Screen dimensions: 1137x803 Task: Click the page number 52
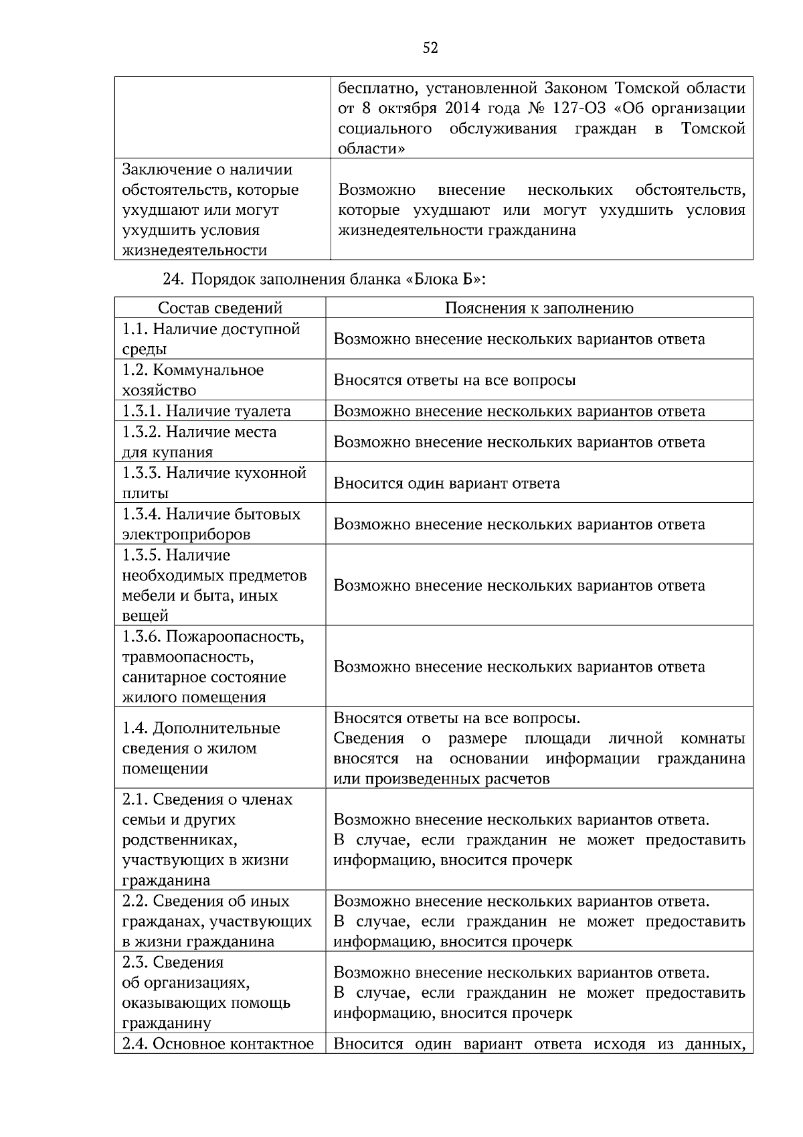coord(430,48)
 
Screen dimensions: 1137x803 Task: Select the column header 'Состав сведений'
coord(219,308)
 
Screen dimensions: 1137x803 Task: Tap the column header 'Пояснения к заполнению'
coord(539,308)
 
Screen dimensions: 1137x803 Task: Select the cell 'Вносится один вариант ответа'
coord(446,483)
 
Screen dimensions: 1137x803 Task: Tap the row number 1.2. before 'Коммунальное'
coord(135,370)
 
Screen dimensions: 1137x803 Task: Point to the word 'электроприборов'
coord(186,534)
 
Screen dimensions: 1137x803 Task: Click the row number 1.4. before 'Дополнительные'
coord(135,728)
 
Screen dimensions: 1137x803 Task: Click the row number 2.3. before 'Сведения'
coord(135,962)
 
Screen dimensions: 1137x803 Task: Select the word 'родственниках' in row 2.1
coord(179,840)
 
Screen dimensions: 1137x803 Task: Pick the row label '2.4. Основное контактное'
coord(217,1044)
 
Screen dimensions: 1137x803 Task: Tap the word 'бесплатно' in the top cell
coord(372,88)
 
